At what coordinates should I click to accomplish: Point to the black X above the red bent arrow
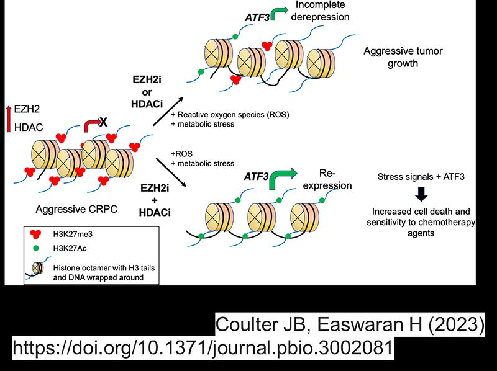pyautogui.click(x=103, y=122)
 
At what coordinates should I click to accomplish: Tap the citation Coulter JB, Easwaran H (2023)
pyautogui.click(x=349, y=323)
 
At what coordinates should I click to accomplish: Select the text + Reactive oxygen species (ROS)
pyautogui.click(x=230, y=115)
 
